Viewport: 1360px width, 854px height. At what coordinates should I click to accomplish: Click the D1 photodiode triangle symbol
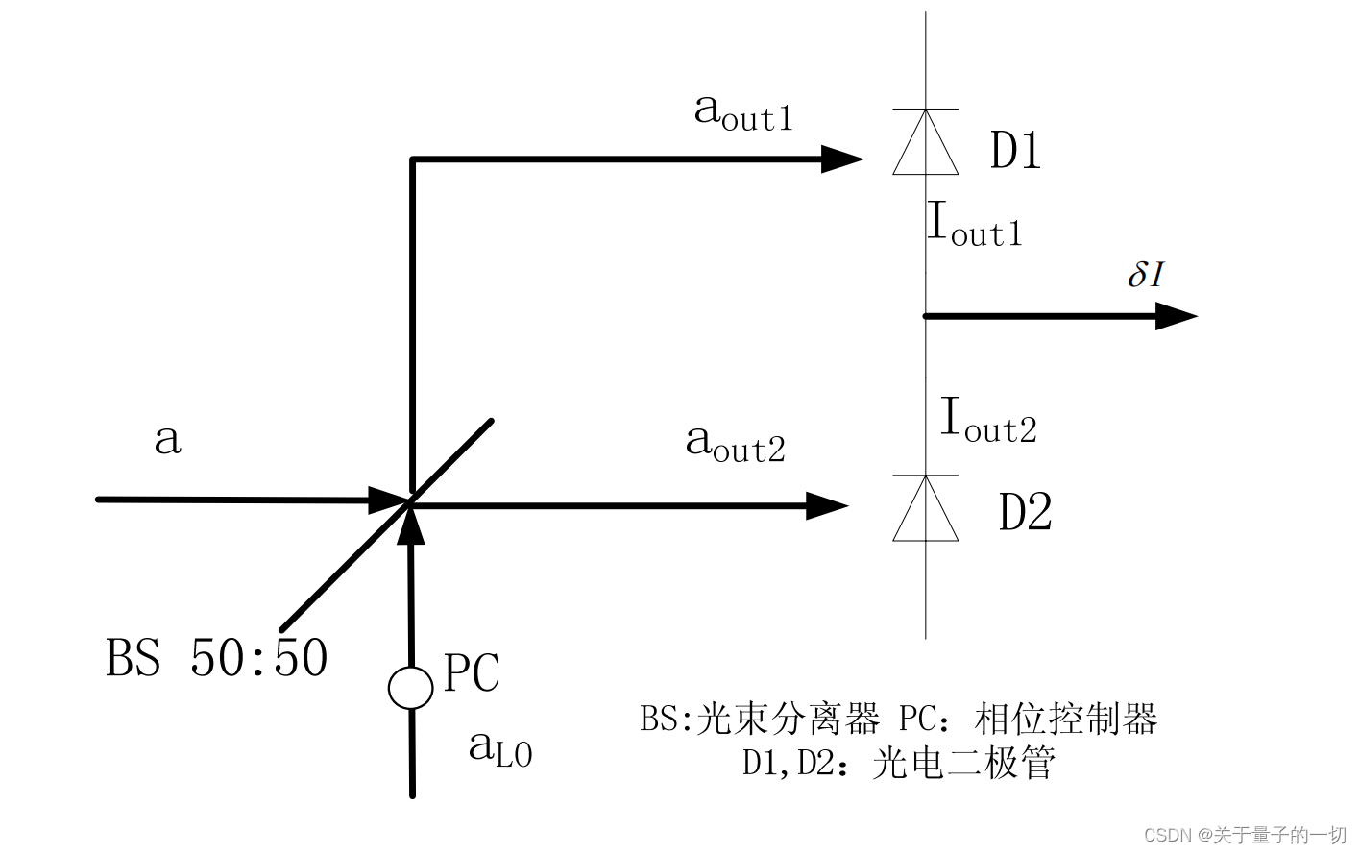pyautogui.click(x=925, y=144)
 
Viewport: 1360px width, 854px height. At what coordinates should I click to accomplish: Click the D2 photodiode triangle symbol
pyautogui.click(x=925, y=510)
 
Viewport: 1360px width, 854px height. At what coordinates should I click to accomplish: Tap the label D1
pyautogui.click(x=1016, y=151)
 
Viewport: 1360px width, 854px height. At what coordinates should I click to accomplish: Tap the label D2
pyautogui.click(x=1026, y=512)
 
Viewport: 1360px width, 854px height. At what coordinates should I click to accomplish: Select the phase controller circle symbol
pyautogui.click(x=410, y=688)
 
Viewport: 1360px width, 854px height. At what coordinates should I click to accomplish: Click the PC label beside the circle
pyautogui.click(x=472, y=673)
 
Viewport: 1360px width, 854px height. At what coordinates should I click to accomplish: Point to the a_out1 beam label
pyautogui.click(x=743, y=112)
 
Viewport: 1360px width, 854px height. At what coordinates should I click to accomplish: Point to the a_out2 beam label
pyautogui.click(x=736, y=444)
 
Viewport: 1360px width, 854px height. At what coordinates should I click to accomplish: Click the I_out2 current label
pyautogui.click(x=988, y=422)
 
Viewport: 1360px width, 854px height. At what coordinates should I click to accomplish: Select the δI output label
pyautogui.click(x=1146, y=275)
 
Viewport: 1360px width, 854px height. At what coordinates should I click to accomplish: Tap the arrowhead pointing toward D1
pyautogui.click(x=841, y=159)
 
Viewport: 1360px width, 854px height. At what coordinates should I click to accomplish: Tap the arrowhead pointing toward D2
pyautogui.click(x=826, y=505)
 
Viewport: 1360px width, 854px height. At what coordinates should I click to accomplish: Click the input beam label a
pyautogui.click(x=168, y=440)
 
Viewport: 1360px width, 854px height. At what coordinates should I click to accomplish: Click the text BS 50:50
pyautogui.click(x=217, y=658)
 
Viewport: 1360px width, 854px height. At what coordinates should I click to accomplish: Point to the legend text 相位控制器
pyautogui.click(x=1066, y=719)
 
